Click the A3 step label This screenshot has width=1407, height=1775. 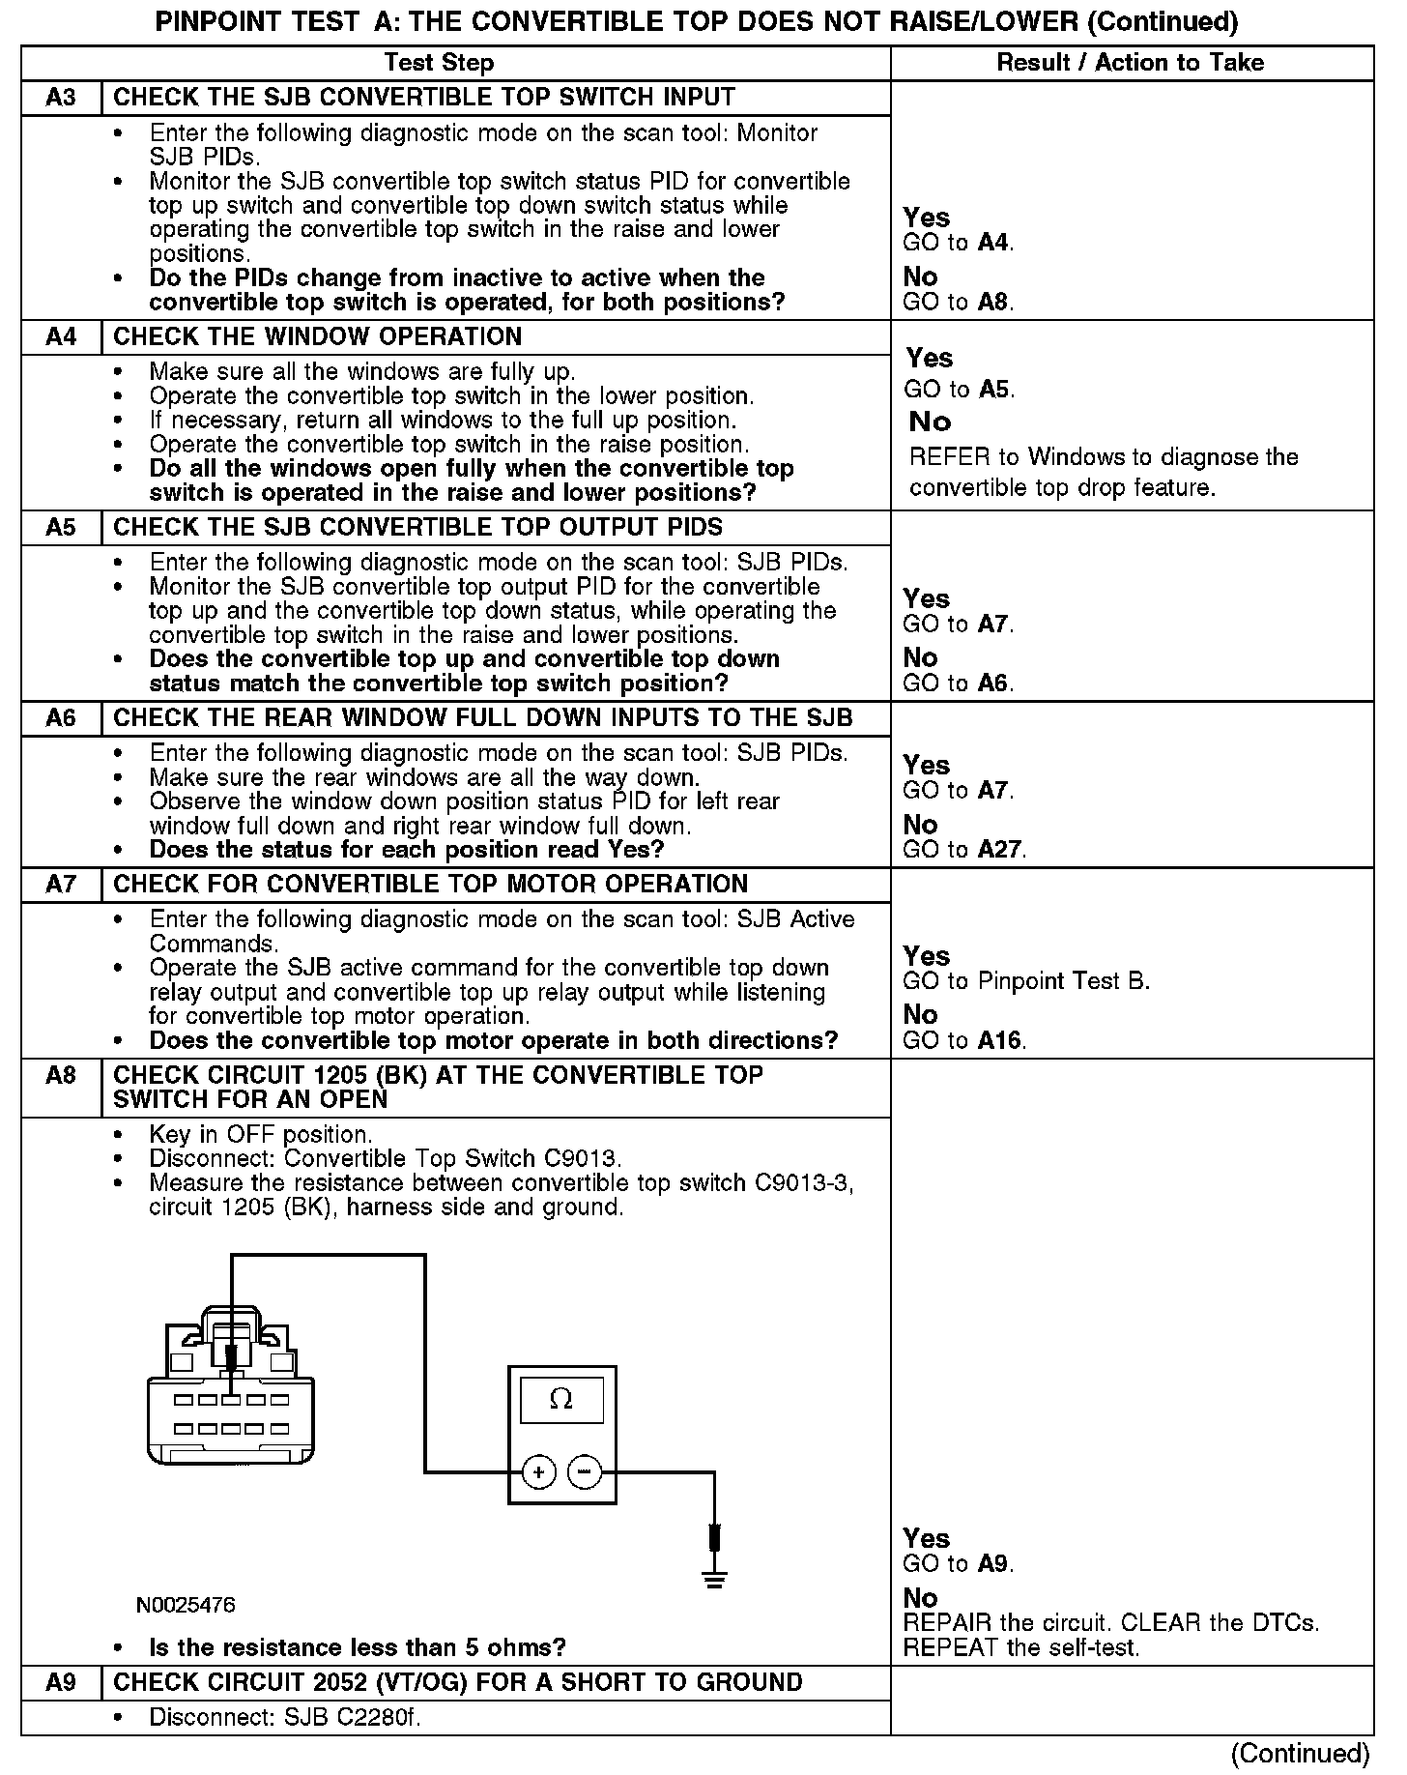coord(61,98)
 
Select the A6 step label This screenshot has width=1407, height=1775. coord(61,718)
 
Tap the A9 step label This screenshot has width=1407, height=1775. coord(61,1682)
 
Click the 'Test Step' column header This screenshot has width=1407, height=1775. coord(439,63)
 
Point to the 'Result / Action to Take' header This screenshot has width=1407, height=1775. coord(1130,63)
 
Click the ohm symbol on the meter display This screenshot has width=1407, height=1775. coord(560,1400)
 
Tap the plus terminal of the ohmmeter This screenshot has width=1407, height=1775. coord(538,1473)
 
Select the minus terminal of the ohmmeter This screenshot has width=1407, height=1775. coord(584,1473)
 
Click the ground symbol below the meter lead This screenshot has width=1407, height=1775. coord(715,1582)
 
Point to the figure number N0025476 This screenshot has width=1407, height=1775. coord(186,1605)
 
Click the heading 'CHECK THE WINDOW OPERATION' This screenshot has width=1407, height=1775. coord(317,336)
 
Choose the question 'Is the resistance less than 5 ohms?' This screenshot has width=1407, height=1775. coord(358,1647)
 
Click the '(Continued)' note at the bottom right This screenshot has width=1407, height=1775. coord(1300,1753)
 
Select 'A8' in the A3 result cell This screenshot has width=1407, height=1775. coord(993,302)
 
